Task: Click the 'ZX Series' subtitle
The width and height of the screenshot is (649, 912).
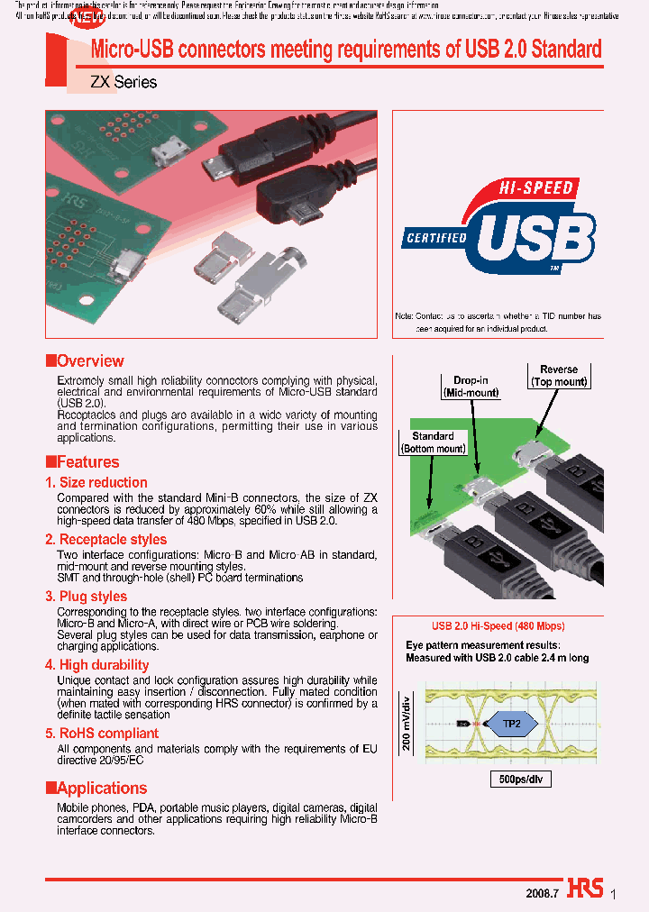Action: (123, 82)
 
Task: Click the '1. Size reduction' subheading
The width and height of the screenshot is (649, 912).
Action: (96, 483)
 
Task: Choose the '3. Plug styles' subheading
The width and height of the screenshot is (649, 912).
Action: (87, 597)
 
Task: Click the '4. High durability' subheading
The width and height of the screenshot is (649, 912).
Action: (97, 665)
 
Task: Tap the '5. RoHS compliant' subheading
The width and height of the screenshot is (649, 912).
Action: (102, 734)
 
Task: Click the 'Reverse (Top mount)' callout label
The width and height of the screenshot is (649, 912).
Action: (559, 376)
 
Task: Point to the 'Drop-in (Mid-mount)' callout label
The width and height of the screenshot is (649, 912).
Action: (471, 386)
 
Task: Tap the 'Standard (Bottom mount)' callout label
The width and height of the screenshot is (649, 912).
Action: (433, 442)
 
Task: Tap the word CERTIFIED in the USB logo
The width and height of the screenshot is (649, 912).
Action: (436, 239)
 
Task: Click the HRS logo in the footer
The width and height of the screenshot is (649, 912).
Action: (585, 888)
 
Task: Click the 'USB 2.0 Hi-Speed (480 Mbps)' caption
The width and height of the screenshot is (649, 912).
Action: (498, 625)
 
